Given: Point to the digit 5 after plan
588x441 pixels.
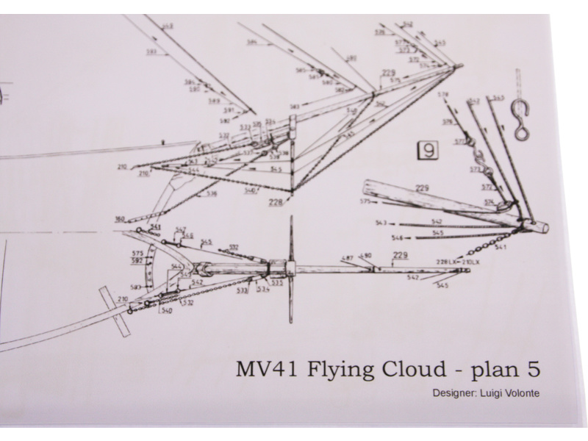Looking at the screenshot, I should [534, 367].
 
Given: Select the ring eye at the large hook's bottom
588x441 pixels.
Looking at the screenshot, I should [521, 133].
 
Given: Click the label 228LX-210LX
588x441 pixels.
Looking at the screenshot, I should [458, 262].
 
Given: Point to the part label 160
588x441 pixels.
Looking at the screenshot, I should [120, 218].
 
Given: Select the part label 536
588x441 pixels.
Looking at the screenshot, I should [212, 194].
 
